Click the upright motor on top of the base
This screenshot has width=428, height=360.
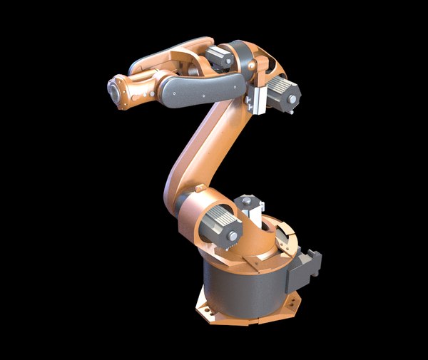[x=249, y=207]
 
